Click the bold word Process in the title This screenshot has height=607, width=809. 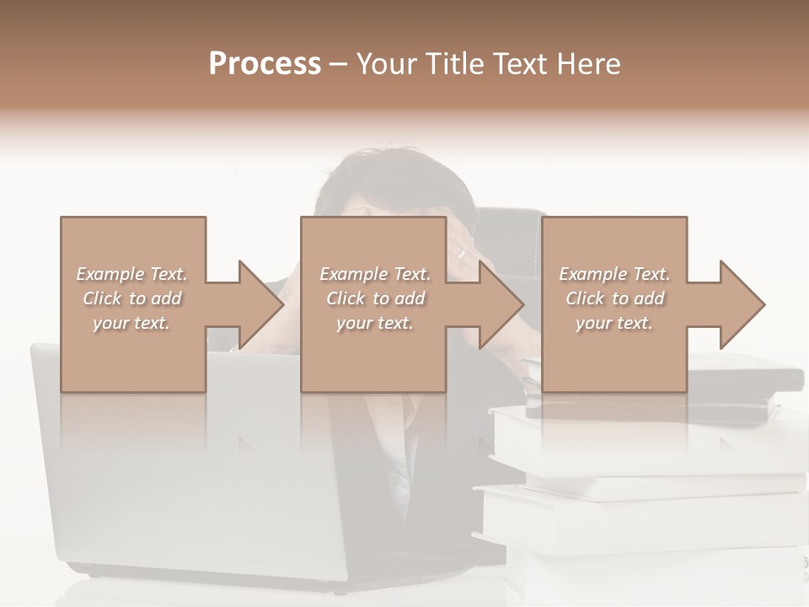coord(265,64)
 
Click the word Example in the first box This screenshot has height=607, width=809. coord(110,274)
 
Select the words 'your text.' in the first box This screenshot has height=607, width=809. coord(131,323)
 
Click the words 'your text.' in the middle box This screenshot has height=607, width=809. coord(374,323)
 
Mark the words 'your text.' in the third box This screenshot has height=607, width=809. coord(614,323)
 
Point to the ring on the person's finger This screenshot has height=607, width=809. coord(461,252)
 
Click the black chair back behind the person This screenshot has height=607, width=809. coord(510,232)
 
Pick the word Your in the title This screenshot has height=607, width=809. coord(385,64)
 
